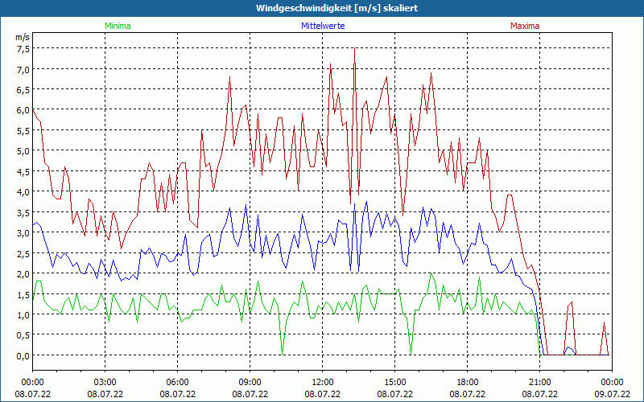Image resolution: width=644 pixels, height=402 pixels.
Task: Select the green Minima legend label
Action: [x=118, y=26]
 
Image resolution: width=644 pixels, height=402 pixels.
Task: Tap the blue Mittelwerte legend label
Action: [x=323, y=26]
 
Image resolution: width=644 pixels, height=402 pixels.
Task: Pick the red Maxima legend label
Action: [x=525, y=26]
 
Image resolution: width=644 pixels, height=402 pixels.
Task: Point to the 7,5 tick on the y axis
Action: [x=23, y=48]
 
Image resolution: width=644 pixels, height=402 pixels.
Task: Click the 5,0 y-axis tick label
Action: [x=23, y=150]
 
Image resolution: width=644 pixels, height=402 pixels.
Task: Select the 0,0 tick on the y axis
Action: [x=23, y=355]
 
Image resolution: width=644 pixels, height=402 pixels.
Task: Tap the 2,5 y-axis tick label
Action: [x=23, y=253]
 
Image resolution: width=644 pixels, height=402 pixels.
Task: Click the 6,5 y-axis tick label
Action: [x=23, y=89]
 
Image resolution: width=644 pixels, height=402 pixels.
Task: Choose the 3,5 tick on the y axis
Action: [x=23, y=212]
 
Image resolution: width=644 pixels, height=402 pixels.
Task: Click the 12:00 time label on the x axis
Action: [x=323, y=382]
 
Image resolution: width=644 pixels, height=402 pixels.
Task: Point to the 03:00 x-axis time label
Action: [x=105, y=382]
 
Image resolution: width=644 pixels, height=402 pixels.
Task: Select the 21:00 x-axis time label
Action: [x=540, y=382]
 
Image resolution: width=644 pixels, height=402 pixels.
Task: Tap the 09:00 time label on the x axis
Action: [x=250, y=382]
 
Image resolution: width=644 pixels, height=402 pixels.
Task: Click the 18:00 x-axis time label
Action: [x=468, y=382]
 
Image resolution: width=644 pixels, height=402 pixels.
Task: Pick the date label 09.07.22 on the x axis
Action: [x=612, y=394]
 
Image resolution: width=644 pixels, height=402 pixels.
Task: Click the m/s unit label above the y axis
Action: [x=23, y=37]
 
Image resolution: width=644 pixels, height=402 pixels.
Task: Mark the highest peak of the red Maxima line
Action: [x=355, y=48]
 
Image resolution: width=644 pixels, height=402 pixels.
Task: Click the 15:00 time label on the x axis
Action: [x=395, y=382]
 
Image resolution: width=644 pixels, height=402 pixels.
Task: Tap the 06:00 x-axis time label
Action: [x=178, y=382]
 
